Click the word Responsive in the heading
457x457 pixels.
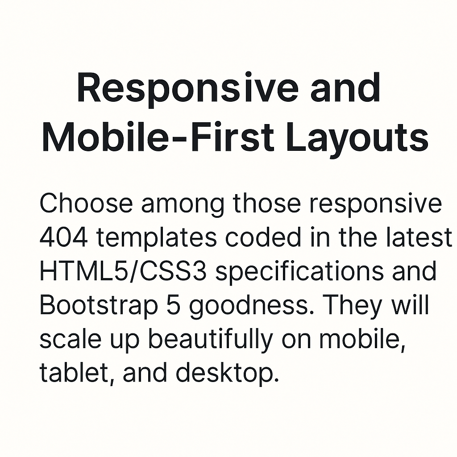pyautogui.click(x=188, y=89)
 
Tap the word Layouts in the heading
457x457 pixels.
pyautogui.click(x=357, y=139)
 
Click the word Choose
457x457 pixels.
pyautogui.click(x=86, y=203)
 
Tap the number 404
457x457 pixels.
pyautogui.click(x=63, y=237)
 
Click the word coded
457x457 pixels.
pyautogui.click(x=263, y=237)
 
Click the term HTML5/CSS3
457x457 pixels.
pyautogui.click(x=123, y=271)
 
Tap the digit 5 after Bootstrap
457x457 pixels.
pyautogui.click(x=173, y=305)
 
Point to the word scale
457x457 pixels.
pyautogui.click(x=70, y=339)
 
